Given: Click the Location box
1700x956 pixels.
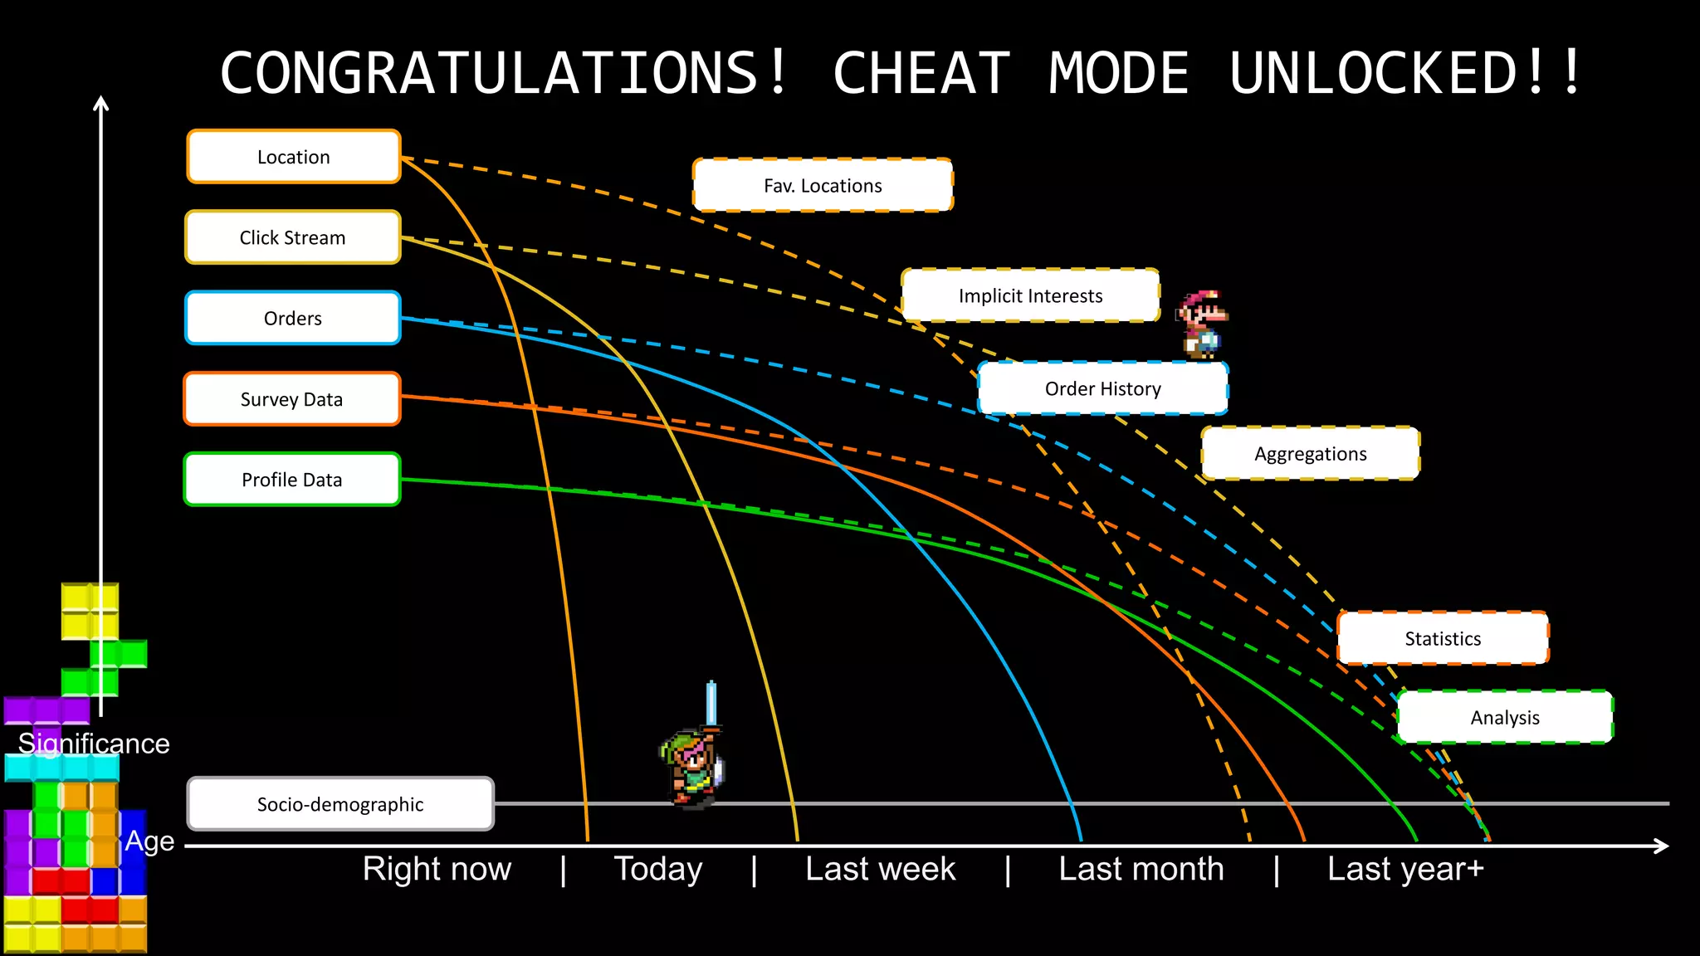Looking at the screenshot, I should [294, 157].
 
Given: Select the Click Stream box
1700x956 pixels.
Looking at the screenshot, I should [293, 237].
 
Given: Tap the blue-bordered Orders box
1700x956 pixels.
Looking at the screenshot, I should [293, 318].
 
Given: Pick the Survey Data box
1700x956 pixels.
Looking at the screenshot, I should [292, 399].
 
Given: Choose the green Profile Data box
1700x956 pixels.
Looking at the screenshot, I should [292, 480].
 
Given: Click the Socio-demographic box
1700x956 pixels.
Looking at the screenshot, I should [340, 804].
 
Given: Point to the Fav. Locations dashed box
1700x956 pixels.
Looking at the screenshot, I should [823, 185].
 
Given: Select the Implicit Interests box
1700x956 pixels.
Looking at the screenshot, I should [1030, 295].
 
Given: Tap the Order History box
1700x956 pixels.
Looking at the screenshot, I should [1102, 388].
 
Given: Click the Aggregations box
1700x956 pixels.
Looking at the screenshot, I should [1310, 454].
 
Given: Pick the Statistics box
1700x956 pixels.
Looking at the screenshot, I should [1443, 638].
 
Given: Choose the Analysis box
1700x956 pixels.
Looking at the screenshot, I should [1505, 717].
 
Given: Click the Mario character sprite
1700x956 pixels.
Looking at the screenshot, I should [1202, 324].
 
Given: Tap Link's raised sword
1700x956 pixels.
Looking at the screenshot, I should [711, 704].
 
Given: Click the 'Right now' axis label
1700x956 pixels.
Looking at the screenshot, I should [437, 869].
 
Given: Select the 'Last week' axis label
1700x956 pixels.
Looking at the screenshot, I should [880, 869].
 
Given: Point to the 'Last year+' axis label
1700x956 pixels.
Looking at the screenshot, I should [1404, 869].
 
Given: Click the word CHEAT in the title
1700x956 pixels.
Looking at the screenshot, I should [921, 73].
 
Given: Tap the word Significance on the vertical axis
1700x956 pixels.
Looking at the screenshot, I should [94, 744].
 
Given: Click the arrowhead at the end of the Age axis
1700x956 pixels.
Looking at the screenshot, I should [1661, 846].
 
